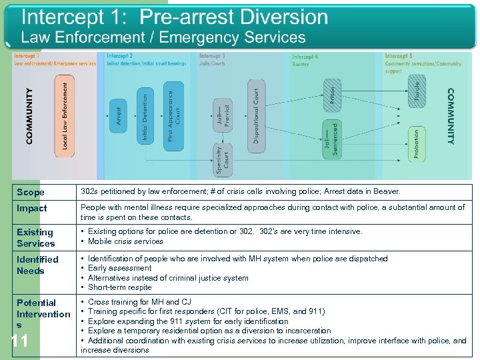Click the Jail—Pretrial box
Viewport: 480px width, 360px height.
tap(223, 119)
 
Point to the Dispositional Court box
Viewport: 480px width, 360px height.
tap(256, 112)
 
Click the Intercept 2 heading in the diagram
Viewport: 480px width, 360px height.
tap(120, 57)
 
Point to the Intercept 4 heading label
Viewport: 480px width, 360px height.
tap(305, 57)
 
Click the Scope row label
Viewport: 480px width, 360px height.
tap(31, 192)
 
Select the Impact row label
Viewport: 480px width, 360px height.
tap(32, 208)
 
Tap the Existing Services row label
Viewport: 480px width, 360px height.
tap(36, 237)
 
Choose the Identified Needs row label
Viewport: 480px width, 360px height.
tap(37, 265)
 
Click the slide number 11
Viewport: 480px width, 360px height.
tap(20, 341)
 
